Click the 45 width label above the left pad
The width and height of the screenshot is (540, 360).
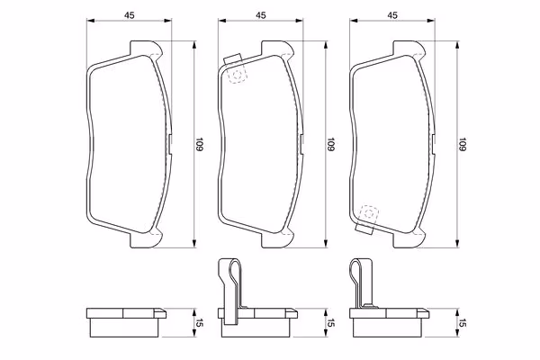point(129,15)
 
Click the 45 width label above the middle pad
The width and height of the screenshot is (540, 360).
point(261,15)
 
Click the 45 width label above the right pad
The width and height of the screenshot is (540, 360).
point(392,15)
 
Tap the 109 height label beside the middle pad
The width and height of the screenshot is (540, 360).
point(330,144)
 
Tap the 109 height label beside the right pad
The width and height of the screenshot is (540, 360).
point(463,144)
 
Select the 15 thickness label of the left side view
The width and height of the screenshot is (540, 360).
point(200,323)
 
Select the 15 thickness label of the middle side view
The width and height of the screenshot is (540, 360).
point(330,323)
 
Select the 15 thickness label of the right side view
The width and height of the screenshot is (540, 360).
point(463,323)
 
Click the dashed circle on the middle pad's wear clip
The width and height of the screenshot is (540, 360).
point(237,75)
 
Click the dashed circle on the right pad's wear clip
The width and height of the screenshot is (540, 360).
point(368,213)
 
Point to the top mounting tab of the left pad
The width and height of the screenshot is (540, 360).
point(146,48)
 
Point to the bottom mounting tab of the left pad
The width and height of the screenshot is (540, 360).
point(146,240)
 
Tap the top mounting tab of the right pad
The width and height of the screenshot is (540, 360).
point(409,48)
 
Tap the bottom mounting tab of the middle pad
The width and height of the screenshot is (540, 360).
point(277,240)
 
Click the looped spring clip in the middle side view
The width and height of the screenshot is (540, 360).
point(230,291)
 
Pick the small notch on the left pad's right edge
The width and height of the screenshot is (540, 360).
point(171,144)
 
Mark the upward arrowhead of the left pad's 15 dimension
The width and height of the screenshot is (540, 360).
point(194,311)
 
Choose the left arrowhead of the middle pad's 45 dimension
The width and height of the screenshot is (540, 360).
point(221,21)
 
